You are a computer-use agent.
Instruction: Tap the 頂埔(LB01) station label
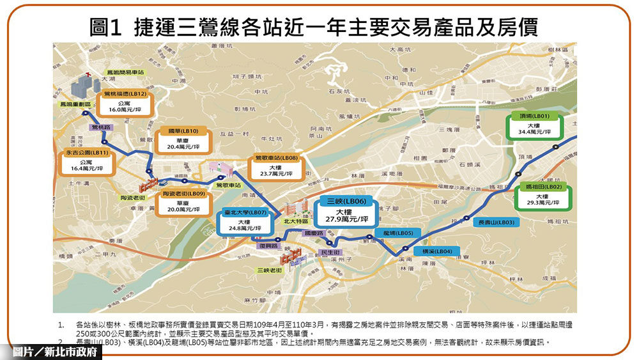[534, 116]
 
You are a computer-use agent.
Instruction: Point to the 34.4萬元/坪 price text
[535, 132]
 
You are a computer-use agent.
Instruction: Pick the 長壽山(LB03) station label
[497, 223]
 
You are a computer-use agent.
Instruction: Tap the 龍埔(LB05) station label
[398, 233]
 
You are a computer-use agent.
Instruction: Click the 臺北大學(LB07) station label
[244, 212]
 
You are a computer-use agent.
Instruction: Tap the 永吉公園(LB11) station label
[87, 153]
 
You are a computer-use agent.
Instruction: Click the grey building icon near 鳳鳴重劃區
[81, 86]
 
